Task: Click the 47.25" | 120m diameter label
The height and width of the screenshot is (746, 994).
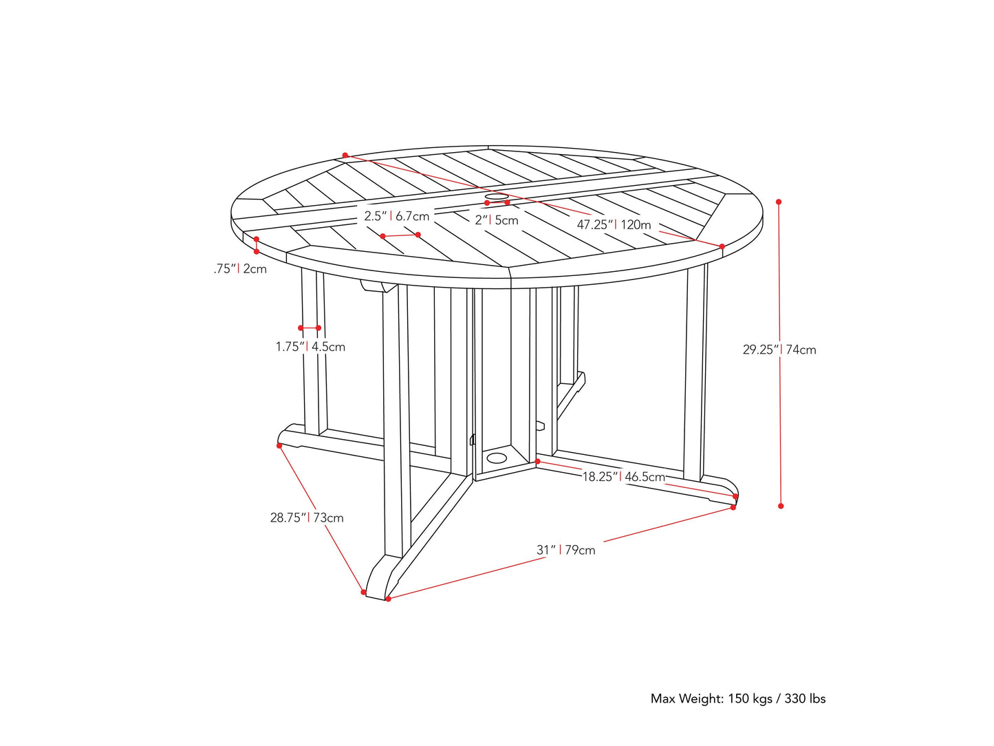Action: [x=614, y=224]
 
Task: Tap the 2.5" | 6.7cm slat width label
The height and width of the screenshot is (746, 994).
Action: [x=397, y=216]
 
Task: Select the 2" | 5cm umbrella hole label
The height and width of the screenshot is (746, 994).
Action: [x=497, y=220]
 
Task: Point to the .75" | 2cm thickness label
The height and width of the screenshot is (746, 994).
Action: [x=240, y=268]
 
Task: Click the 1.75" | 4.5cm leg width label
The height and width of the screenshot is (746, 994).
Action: [x=310, y=347]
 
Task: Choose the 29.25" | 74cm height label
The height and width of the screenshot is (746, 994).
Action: [x=779, y=350]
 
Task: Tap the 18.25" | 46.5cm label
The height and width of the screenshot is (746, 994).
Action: [x=624, y=476]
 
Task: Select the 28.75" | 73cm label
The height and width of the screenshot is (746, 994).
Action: [x=307, y=518]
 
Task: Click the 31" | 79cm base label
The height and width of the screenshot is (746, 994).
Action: [x=566, y=550]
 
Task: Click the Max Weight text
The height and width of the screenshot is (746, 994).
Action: [x=738, y=699]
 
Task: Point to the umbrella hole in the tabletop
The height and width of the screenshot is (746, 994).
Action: [x=497, y=198]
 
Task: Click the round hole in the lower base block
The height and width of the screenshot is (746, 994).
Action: [x=495, y=458]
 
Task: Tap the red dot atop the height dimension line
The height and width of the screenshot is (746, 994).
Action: [x=779, y=202]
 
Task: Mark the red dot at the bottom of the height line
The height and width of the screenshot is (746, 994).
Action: [x=781, y=506]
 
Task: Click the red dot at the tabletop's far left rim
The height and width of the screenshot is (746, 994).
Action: [x=345, y=156]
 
